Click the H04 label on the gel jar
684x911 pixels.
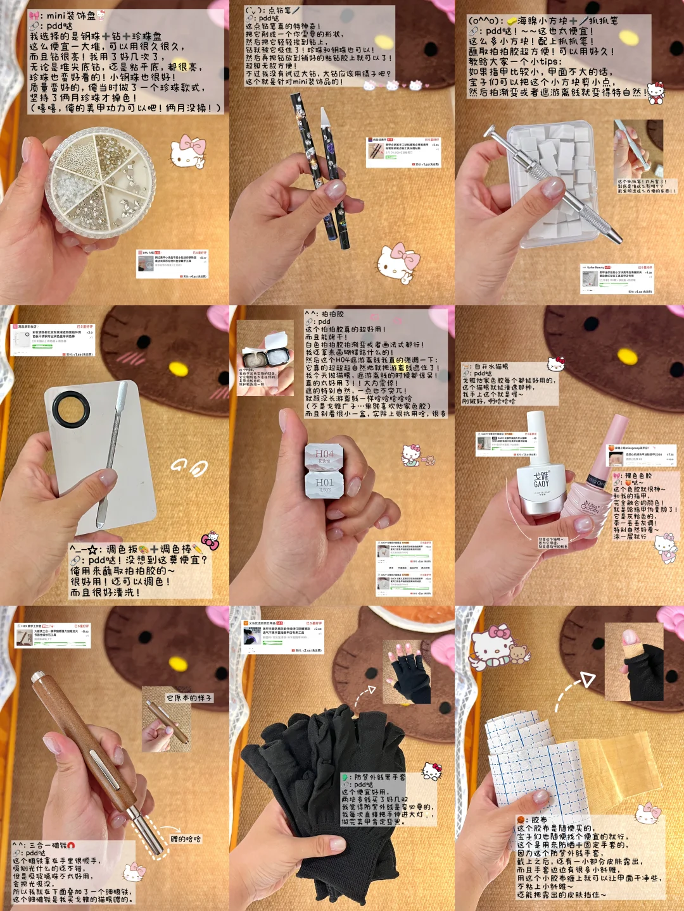click(x=324, y=455)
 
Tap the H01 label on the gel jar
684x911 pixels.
click(x=324, y=483)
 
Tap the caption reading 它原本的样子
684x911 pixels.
click(x=189, y=698)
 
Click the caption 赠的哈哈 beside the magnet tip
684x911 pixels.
click(x=186, y=839)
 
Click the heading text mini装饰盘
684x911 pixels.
click(x=70, y=15)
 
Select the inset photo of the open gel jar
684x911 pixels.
click(x=265, y=359)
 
